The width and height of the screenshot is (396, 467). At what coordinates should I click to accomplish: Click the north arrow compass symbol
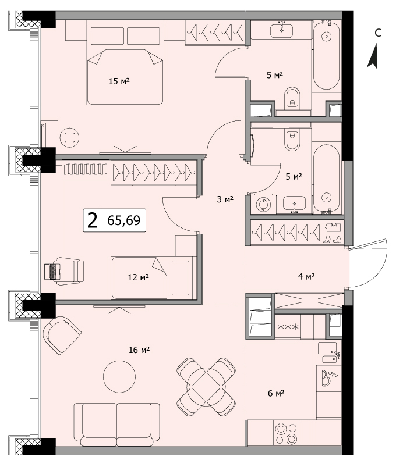click(x=373, y=56)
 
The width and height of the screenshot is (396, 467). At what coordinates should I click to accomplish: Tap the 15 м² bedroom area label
click(x=119, y=81)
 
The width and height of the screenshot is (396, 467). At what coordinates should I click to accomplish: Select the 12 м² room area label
click(x=139, y=277)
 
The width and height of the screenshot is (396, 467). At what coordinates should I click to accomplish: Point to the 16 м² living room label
click(x=139, y=350)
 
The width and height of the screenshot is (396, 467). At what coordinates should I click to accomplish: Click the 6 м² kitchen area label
click(x=276, y=393)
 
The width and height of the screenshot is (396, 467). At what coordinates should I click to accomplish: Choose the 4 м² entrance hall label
click(x=306, y=276)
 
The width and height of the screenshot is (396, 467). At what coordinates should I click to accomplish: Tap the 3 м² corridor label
click(x=225, y=199)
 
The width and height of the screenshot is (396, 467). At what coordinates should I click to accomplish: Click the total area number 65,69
click(x=123, y=220)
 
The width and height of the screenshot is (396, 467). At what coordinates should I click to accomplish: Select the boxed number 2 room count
click(x=93, y=220)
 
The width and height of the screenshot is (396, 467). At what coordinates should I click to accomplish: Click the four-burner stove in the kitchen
click(x=287, y=433)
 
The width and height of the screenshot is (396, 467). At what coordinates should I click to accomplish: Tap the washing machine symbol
click(x=264, y=205)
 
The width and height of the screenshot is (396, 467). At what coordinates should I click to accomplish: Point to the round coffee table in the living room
click(x=119, y=376)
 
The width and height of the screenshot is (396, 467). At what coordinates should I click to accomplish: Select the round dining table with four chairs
click(x=206, y=387)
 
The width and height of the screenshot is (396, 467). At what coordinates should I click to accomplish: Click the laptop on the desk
click(x=52, y=272)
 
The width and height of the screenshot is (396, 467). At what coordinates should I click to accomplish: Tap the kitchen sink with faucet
click(x=329, y=352)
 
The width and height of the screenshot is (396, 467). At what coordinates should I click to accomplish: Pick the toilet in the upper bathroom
click(x=292, y=98)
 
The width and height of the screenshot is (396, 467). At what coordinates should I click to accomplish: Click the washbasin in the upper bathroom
click(x=281, y=30)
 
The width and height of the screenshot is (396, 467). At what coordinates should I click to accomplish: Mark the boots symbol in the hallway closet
click(x=332, y=239)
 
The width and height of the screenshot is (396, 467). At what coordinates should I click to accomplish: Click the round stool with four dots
click(x=69, y=138)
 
